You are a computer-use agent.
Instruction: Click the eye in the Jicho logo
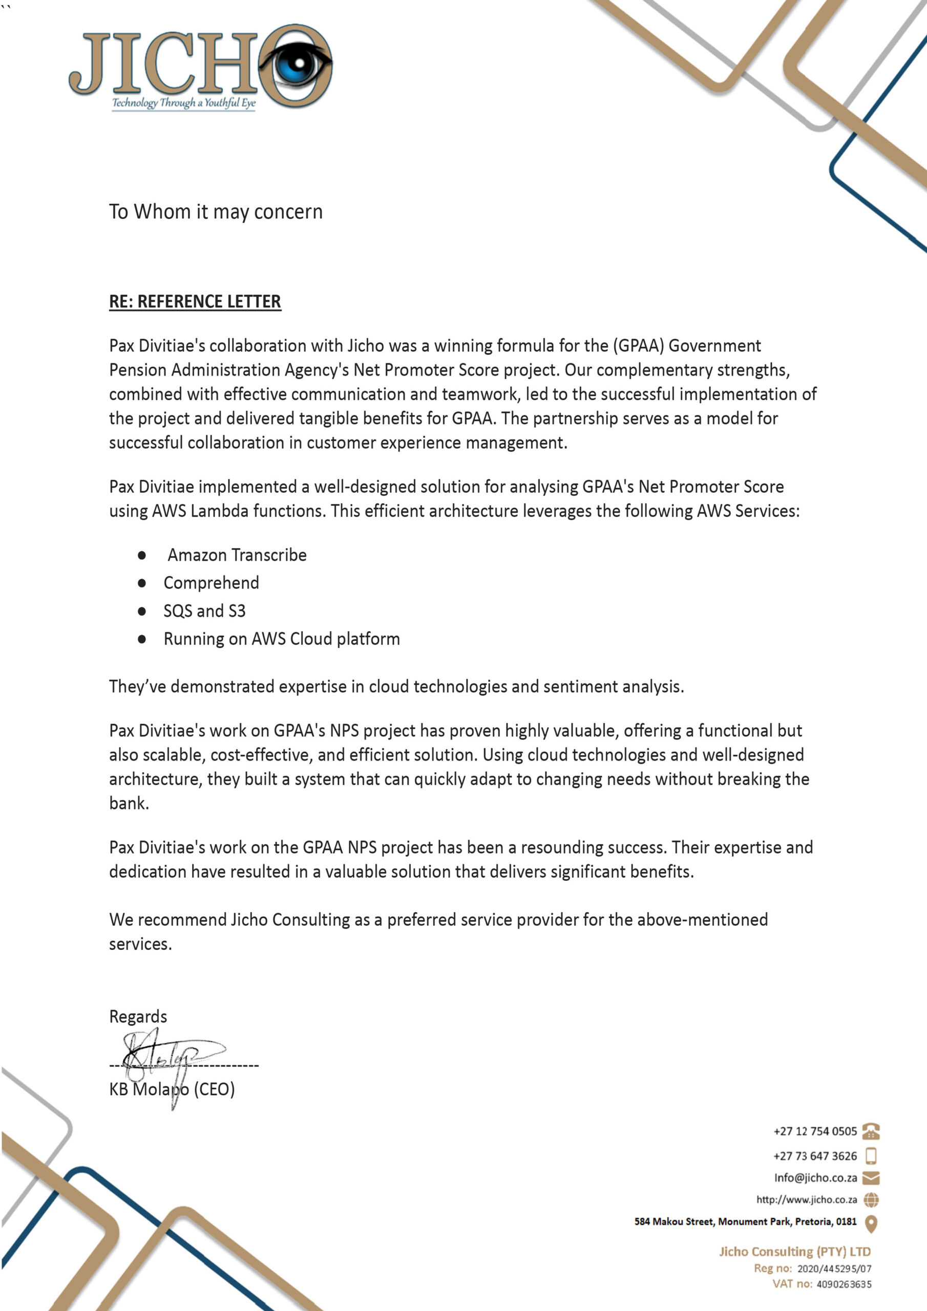[296, 65]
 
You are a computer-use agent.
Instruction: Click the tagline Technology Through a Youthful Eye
[183, 103]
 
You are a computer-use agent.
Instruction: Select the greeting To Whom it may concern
[216, 212]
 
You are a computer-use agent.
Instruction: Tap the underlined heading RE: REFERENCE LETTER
[195, 302]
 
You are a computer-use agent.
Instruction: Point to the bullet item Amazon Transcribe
[237, 555]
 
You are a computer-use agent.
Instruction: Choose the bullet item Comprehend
[211, 583]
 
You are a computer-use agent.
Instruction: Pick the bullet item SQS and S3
[204, 611]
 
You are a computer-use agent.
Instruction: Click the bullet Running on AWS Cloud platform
[282, 639]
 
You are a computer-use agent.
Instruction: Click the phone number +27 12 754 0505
[815, 1131]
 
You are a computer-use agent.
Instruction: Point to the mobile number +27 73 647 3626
[815, 1156]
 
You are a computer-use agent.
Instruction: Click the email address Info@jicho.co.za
[815, 1177]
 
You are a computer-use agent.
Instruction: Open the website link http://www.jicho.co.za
[807, 1200]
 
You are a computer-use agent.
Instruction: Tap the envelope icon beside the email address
[871, 1177]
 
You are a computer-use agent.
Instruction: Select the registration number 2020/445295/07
[834, 1268]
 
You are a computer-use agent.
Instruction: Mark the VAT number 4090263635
[844, 1285]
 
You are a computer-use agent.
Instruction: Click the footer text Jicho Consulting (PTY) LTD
[794, 1252]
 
